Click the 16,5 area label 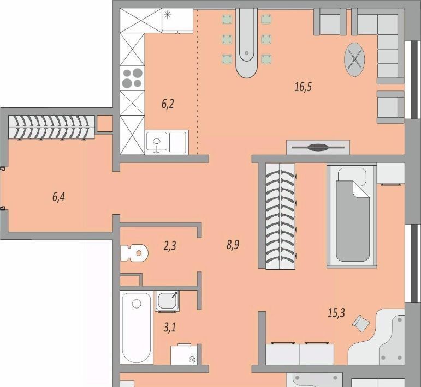(303, 87)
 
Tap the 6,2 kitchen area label (168, 104)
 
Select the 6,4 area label (58, 197)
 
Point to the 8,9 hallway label (233, 245)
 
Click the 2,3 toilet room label (170, 245)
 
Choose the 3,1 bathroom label (170, 327)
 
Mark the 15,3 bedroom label (336, 313)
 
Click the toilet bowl (134, 253)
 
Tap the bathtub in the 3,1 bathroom (137, 328)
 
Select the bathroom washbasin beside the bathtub (167, 301)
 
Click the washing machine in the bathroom (184, 354)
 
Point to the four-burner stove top (132, 78)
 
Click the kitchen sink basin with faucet (157, 142)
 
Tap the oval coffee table (355, 59)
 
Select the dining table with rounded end (246, 43)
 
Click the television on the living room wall (318, 147)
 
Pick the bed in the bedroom (352, 215)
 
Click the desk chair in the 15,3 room (360, 324)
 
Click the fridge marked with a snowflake (177, 20)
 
